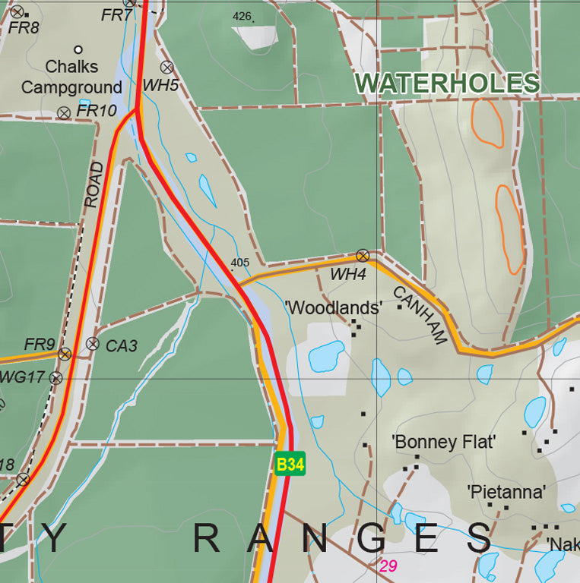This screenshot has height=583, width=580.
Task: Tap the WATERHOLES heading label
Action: pyautogui.click(x=447, y=84)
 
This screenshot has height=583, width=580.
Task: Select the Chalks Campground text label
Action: pyautogui.click(x=71, y=77)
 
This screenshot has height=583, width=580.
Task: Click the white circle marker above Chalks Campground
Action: pyautogui.click(x=78, y=49)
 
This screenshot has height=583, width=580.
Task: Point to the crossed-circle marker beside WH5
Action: pyautogui.click(x=166, y=67)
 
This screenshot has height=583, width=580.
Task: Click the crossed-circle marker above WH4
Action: pyautogui.click(x=363, y=255)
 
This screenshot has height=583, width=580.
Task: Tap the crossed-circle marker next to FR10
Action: pyautogui.click(x=64, y=112)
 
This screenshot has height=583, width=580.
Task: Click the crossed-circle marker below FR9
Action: pyautogui.click(x=65, y=354)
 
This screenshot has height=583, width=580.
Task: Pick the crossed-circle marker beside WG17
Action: pyautogui.click(x=55, y=377)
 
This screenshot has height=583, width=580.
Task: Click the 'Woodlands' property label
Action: pyautogui.click(x=333, y=308)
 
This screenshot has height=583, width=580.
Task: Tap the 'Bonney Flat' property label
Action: pyautogui.click(x=443, y=442)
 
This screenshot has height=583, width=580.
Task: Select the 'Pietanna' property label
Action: pyautogui.click(x=506, y=492)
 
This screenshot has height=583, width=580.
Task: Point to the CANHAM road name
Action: pyautogui.click(x=419, y=315)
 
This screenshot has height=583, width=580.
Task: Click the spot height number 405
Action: pyautogui.click(x=239, y=263)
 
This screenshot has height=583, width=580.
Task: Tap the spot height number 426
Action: pyautogui.click(x=242, y=16)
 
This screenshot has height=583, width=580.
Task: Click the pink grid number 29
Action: pyautogui.click(x=388, y=566)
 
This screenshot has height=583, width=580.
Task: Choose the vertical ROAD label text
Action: pyautogui.click(x=93, y=184)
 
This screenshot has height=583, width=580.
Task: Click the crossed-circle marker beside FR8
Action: pyautogui.click(x=17, y=11)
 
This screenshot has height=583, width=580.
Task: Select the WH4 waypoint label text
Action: pyautogui.click(x=347, y=275)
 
